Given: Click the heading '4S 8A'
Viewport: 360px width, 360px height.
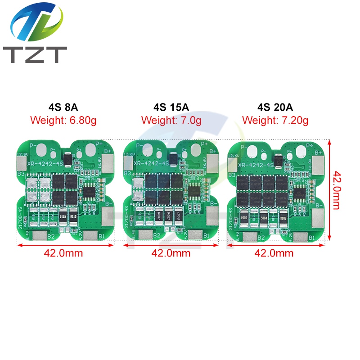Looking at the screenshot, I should click(x=63, y=108).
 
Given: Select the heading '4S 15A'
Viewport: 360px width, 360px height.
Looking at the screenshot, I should click(x=171, y=108).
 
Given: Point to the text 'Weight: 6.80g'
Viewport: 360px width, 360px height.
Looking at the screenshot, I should click(x=63, y=120).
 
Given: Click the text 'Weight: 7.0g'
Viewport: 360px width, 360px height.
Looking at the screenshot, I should click(x=171, y=120).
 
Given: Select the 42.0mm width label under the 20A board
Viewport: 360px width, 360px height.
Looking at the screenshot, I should click(x=274, y=253).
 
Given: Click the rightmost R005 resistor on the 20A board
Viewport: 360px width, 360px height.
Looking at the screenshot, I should click(x=284, y=218).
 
